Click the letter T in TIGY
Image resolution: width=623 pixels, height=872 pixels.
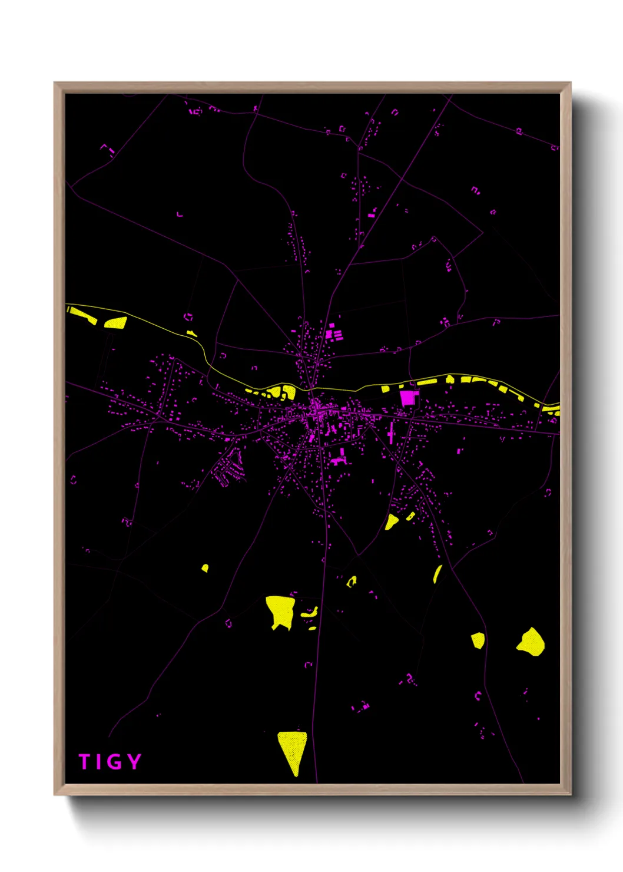point(84,762)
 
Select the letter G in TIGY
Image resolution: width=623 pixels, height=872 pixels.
point(114,762)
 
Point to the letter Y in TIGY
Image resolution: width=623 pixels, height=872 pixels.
point(134,761)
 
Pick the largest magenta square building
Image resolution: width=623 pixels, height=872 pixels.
point(407,397)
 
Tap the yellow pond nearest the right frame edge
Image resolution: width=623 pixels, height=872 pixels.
point(532,642)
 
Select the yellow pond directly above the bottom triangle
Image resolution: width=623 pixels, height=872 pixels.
point(280,610)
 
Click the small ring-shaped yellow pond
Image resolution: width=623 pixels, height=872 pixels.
point(352,582)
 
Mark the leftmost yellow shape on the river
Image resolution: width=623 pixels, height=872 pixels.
point(81,315)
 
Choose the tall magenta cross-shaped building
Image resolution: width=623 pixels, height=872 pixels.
point(391,435)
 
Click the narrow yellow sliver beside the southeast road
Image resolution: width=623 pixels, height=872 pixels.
point(437,574)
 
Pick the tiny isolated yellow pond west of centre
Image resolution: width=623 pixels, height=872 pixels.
point(205,568)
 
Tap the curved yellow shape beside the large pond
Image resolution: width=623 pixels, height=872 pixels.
point(310,613)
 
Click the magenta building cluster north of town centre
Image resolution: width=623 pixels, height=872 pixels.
point(334,333)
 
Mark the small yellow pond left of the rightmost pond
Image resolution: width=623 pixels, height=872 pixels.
point(478,640)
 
